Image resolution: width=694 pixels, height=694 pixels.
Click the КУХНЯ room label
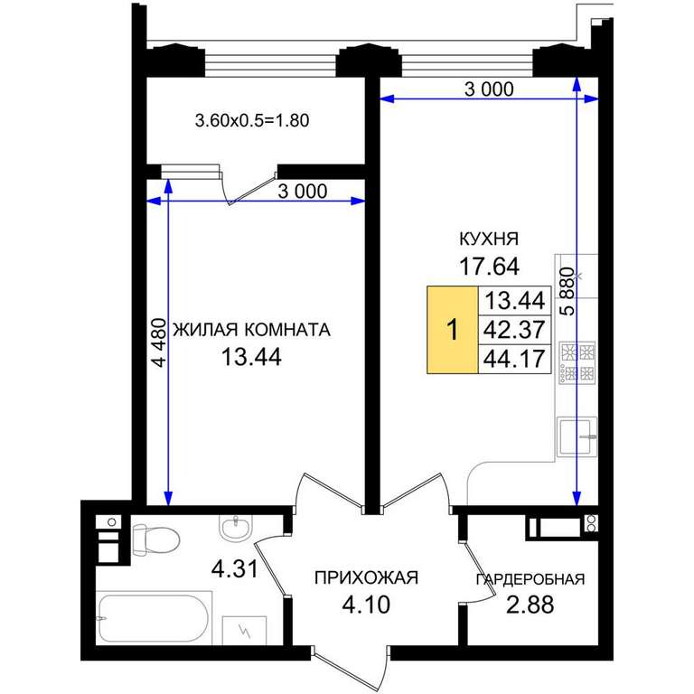click(x=489, y=239)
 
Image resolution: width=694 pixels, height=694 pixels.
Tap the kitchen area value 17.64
click(x=489, y=267)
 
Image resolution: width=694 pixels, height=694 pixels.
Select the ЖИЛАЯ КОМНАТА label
click(x=251, y=330)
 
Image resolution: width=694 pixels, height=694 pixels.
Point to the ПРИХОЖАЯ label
click(x=366, y=577)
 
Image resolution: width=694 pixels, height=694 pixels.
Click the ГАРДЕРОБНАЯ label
click(x=530, y=579)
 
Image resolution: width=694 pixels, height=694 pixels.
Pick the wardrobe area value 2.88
click(x=530, y=605)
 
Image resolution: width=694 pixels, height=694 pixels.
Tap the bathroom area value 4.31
click(x=235, y=568)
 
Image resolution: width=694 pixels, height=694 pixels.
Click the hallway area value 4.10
click(x=366, y=605)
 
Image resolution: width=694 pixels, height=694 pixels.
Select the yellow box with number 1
click(x=453, y=330)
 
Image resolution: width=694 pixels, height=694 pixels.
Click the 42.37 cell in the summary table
click(x=514, y=329)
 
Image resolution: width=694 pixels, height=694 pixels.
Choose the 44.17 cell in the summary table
click(x=514, y=359)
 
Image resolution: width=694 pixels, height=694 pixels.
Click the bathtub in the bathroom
click(x=154, y=618)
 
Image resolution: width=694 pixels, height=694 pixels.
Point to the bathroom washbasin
click(x=235, y=527)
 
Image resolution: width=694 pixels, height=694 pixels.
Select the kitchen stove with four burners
click(x=577, y=362)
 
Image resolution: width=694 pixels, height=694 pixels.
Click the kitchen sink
click(x=577, y=436)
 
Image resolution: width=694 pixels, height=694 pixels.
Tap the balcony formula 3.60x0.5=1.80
click(x=252, y=120)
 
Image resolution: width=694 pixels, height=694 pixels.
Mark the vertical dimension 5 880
click(x=567, y=291)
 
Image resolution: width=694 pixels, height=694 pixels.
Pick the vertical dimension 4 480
click(x=159, y=342)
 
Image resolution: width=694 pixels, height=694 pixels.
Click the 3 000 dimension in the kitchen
click(x=489, y=89)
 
